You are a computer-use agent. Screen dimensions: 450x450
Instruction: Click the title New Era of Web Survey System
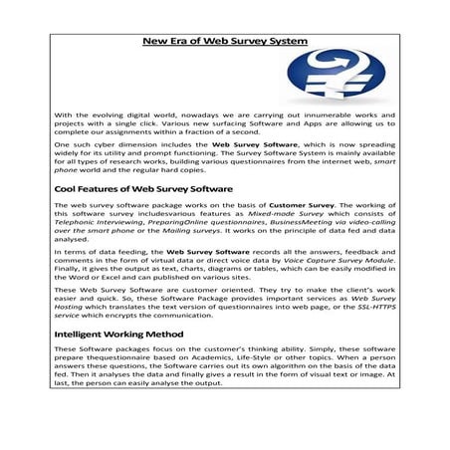point(225,42)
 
